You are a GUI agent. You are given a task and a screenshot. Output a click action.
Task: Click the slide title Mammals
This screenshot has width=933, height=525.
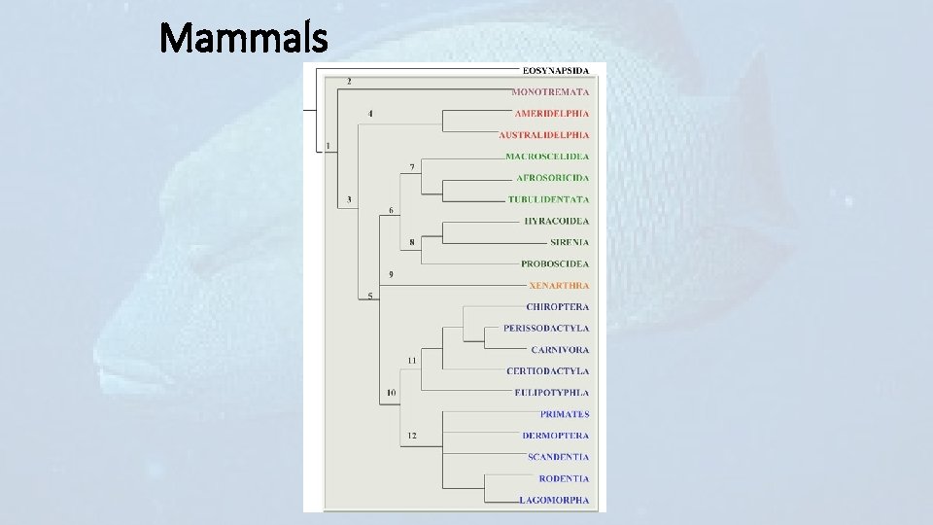click(x=244, y=40)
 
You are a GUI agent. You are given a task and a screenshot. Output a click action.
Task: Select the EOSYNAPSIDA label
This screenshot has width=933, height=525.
click(x=555, y=70)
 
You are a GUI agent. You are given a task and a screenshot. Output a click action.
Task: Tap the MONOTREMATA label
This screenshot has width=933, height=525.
click(x=550, y=91)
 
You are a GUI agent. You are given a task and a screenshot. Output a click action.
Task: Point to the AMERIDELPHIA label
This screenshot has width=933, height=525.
click(x=551, y=114)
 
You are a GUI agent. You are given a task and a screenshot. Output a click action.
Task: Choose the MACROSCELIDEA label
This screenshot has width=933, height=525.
click(x=547, y=157)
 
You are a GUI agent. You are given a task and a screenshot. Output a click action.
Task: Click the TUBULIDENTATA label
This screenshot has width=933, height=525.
click(x=548, y=199)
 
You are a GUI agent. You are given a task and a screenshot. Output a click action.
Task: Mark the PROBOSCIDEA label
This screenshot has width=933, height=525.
click(x=555, y=263)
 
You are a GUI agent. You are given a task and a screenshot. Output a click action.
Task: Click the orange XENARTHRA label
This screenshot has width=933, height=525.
click(x=559, y=286)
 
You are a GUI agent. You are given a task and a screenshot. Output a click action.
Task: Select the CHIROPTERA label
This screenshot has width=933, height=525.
click(x=557, y=307)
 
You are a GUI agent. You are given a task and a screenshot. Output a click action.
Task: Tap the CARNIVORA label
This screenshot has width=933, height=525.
click(x=560, y=350)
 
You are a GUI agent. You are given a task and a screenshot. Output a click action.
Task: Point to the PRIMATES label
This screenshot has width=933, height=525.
click(x=565, y=414)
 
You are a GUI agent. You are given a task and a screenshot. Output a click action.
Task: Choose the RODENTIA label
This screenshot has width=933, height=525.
click(x=564, y=478)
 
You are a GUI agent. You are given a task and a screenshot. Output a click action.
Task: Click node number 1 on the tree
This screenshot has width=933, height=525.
click(x=328, y=146)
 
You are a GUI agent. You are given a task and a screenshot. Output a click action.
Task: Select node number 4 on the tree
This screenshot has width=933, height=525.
click(x=370, y=114)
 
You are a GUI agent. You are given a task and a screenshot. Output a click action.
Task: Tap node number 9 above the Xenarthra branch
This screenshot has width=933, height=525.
click(x=391, y=275)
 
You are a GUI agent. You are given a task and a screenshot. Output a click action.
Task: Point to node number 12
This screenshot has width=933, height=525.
click(x=412, y=436)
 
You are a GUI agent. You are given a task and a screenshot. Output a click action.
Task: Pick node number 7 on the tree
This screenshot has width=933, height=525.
click(x=412, y=167)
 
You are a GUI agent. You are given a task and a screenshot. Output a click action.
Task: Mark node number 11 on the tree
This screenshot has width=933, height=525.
click(x=412, y=361)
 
